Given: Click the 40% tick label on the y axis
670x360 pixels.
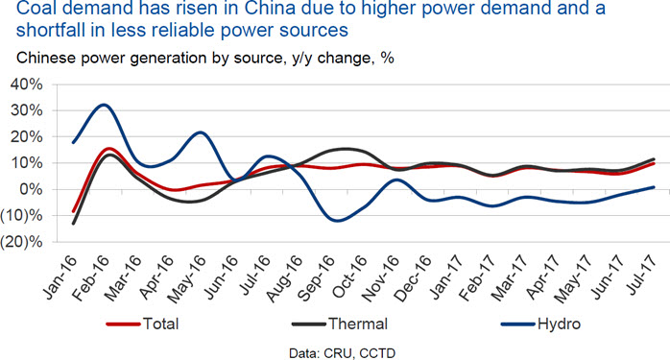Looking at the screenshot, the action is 27,84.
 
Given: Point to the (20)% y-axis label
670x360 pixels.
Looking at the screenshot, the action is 22,242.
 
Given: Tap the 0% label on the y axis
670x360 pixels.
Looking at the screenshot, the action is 33,189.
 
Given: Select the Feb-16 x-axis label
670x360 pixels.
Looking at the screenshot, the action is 90,278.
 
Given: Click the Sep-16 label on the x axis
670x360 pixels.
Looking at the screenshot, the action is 316,278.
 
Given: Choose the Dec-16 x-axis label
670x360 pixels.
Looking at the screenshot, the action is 413,278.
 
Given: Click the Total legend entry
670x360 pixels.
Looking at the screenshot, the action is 142,324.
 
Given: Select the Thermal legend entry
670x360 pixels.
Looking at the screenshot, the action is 340,324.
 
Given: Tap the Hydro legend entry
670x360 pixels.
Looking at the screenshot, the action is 541,324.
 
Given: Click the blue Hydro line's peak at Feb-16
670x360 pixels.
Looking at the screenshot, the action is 104,105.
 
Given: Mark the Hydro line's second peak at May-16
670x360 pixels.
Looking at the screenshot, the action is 201,132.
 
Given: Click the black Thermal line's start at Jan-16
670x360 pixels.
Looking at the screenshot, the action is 74,223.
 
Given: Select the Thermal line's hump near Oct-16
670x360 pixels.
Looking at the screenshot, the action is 347,149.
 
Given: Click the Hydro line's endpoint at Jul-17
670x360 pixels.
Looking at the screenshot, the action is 654,187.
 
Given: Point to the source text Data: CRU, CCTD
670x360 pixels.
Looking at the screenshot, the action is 342,353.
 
